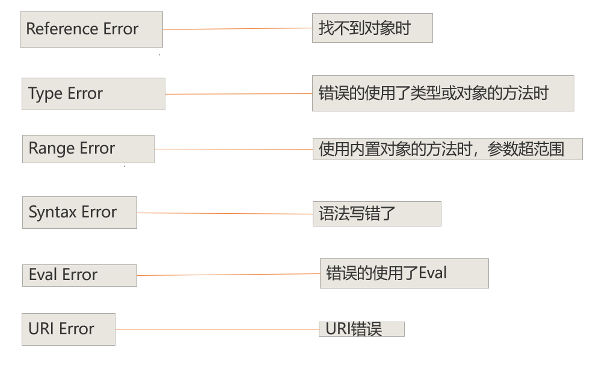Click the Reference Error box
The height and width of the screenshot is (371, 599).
[91, 30]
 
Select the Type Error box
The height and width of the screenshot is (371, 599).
[93, 94]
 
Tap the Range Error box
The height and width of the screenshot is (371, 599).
[88, 149]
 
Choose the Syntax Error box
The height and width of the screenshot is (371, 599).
[79, 212]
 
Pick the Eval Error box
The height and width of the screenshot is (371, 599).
[79, 275]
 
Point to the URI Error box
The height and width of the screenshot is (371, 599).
[68, 329]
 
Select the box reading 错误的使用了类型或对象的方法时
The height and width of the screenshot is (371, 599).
[443, 93]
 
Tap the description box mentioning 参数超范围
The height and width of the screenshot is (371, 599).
[447, 149]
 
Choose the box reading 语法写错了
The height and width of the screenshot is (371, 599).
[376, 213]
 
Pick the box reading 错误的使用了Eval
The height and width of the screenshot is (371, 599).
[404, 273]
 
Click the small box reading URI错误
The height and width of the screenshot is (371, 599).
[361, 329]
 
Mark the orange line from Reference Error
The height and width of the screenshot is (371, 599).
[238, 29]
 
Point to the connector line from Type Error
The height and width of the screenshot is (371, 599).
[238, 94]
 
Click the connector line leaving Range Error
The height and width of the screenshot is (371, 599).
[233, 149]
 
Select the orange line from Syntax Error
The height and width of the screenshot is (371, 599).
[224, 213]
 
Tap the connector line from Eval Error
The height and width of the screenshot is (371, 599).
[229, 275]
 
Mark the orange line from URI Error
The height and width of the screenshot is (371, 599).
[217, 329]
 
